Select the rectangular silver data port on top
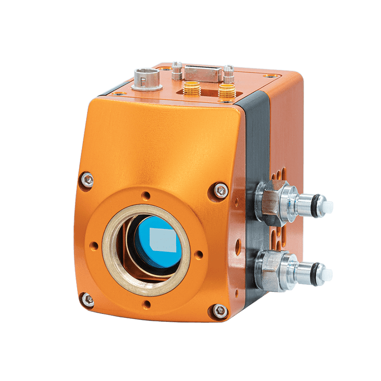pos(202,74)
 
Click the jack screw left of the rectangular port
pos(176,70)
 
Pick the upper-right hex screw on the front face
pos(218,190)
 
